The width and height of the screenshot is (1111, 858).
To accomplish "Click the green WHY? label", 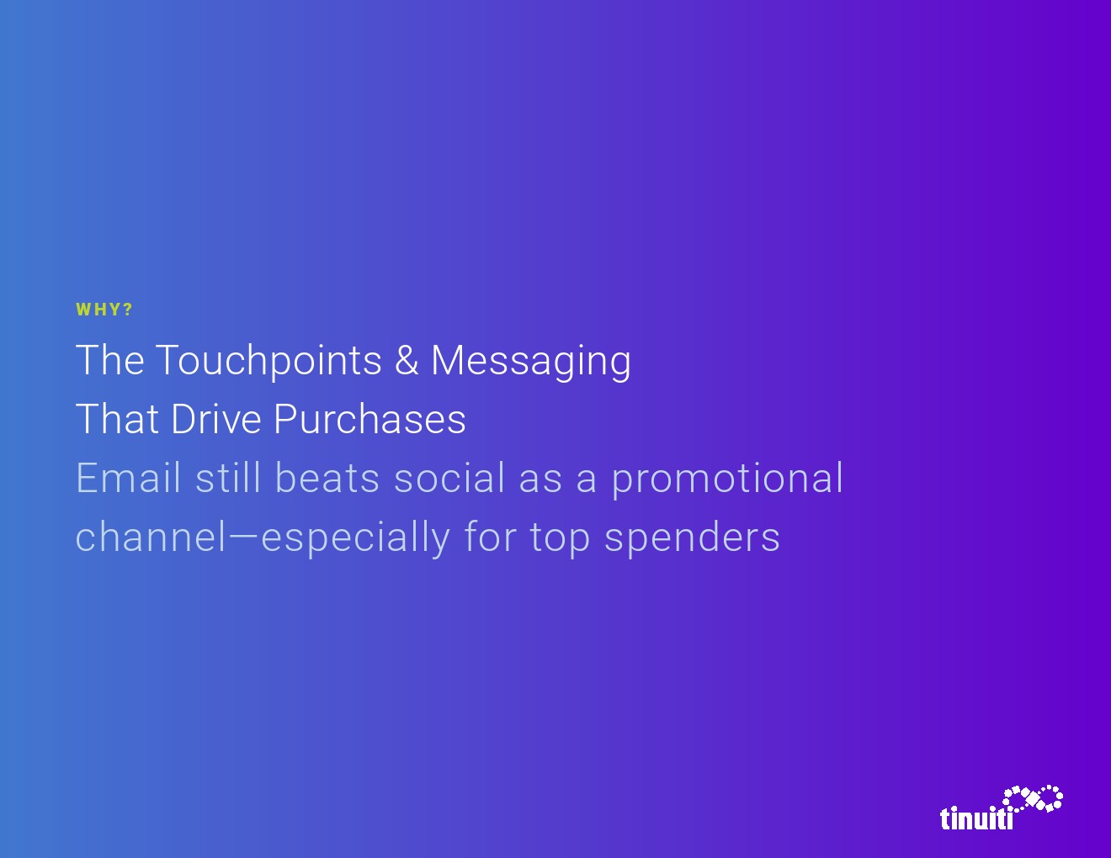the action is pos(104,310).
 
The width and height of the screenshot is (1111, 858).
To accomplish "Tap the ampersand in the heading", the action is pos(407,360).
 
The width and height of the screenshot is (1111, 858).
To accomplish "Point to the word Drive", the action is pos(215,419).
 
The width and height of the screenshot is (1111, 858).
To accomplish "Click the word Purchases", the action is pos(369,419).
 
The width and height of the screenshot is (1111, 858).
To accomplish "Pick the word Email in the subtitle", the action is pos(128,477).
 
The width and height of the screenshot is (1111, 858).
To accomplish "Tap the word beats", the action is pos(327,477).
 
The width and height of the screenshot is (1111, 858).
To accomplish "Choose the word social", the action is pos(449,477).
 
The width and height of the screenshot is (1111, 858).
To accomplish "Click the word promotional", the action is pos(727,479).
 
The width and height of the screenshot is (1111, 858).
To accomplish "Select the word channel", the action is pos(151,536).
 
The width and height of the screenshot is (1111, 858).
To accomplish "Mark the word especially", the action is pos(355,538).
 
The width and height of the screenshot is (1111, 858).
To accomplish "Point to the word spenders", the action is pos(692,538).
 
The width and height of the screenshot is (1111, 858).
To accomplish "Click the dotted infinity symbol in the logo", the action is pos(1032,799).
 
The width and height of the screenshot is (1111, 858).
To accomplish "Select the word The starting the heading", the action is pos(110,360).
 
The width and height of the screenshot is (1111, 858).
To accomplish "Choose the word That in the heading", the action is pos(116,419).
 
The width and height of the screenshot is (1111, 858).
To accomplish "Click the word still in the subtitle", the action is pos(228,477).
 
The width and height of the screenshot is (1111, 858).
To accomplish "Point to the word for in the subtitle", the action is pos(490,536).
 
